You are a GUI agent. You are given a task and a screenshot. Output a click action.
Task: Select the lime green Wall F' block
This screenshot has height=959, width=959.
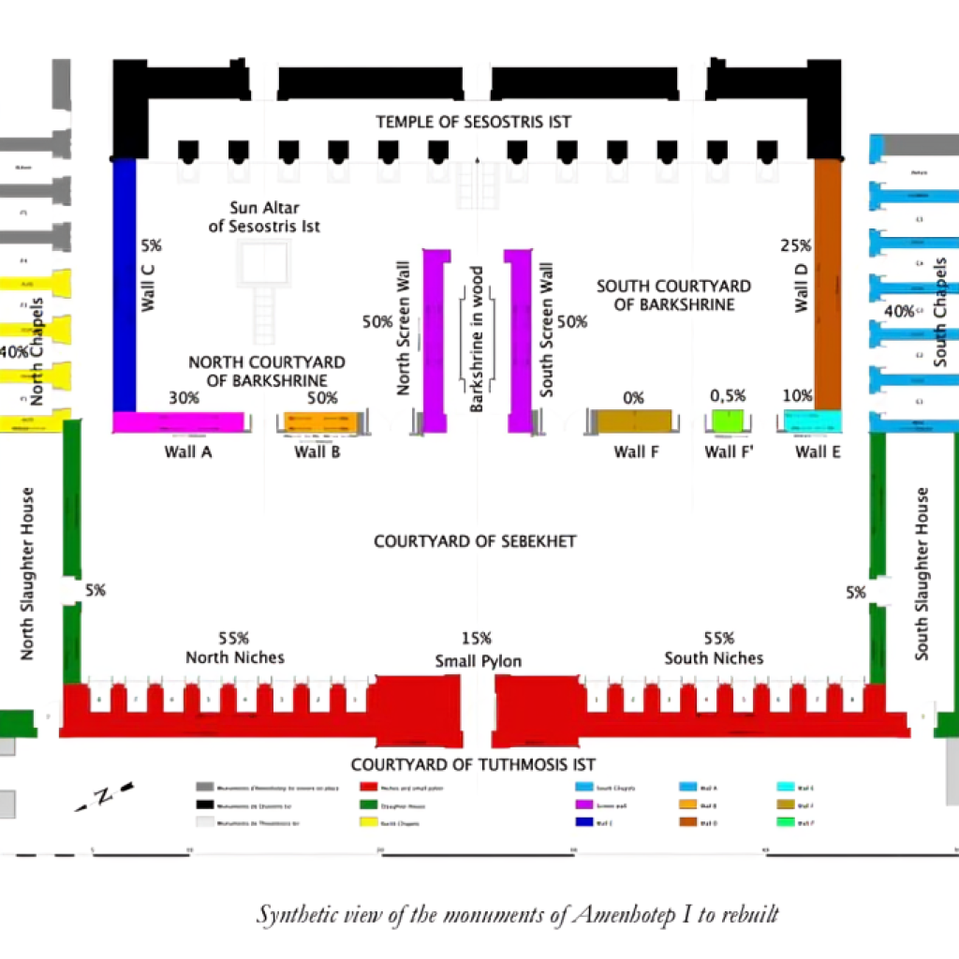point(728,421)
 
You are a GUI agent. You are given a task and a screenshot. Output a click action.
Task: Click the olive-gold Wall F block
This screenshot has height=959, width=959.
point(630,421)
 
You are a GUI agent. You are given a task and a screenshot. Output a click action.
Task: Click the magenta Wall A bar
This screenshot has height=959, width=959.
point(179,422)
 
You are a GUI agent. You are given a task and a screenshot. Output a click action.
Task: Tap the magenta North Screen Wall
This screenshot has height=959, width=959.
point(435,341)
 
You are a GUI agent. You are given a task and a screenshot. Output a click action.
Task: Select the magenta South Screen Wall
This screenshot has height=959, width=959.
point(519,341)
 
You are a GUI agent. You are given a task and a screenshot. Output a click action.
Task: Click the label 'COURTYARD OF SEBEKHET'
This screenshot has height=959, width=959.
point(475,541)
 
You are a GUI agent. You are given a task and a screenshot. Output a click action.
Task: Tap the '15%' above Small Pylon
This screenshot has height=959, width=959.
point(476,639)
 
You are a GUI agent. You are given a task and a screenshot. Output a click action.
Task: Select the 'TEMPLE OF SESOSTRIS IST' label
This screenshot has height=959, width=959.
point(473,122)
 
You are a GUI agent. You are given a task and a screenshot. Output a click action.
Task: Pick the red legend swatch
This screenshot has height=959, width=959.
point(364,788)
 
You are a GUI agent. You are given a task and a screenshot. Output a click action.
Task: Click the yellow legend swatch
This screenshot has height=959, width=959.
point(364,823)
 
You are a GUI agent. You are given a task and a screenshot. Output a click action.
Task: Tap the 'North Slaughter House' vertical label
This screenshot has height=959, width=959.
point(27,573)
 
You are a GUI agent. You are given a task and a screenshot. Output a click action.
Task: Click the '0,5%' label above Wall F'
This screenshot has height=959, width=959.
point(727,396)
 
